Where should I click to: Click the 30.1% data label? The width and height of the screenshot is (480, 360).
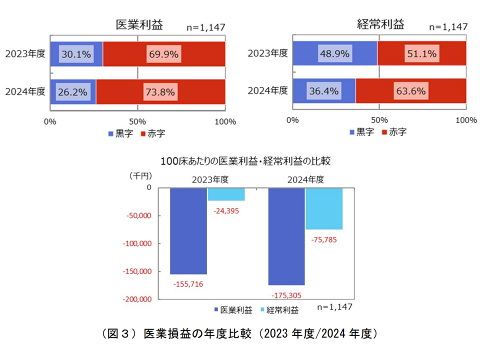pyautogui.click(x=75, y=54)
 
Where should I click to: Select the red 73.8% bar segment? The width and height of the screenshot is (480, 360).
pyautogui.click(x=160, y=91)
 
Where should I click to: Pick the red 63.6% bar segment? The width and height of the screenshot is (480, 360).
pyautogui.click(x=410, y=91)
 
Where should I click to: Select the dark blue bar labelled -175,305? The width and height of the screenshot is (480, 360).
pyautogui.click(x=286, y=236)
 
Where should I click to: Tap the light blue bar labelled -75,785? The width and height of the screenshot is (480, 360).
pyautogui.click(x=324, y=208)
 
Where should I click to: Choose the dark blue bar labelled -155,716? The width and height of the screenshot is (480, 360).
pyautogui.click(x=188, y=231)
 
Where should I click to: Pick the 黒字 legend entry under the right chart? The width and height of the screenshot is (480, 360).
pyautogui.click(x=361, y=132)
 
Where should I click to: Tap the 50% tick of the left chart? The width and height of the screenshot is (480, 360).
pyautogui.click(x=137, y=121)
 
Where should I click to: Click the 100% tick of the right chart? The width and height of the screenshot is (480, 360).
pyautogui.click(x=466, y=120)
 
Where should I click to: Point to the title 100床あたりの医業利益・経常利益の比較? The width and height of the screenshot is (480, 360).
pyautogui.click(x=246, y=161)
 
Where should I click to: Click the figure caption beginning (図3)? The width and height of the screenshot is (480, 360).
pyautogui.click(x=239, y=333)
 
